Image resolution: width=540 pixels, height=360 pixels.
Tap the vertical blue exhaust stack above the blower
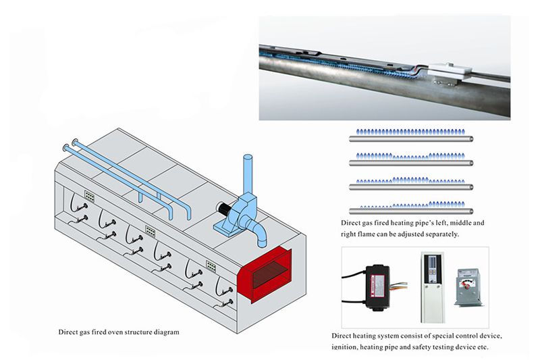tap(247, 173)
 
